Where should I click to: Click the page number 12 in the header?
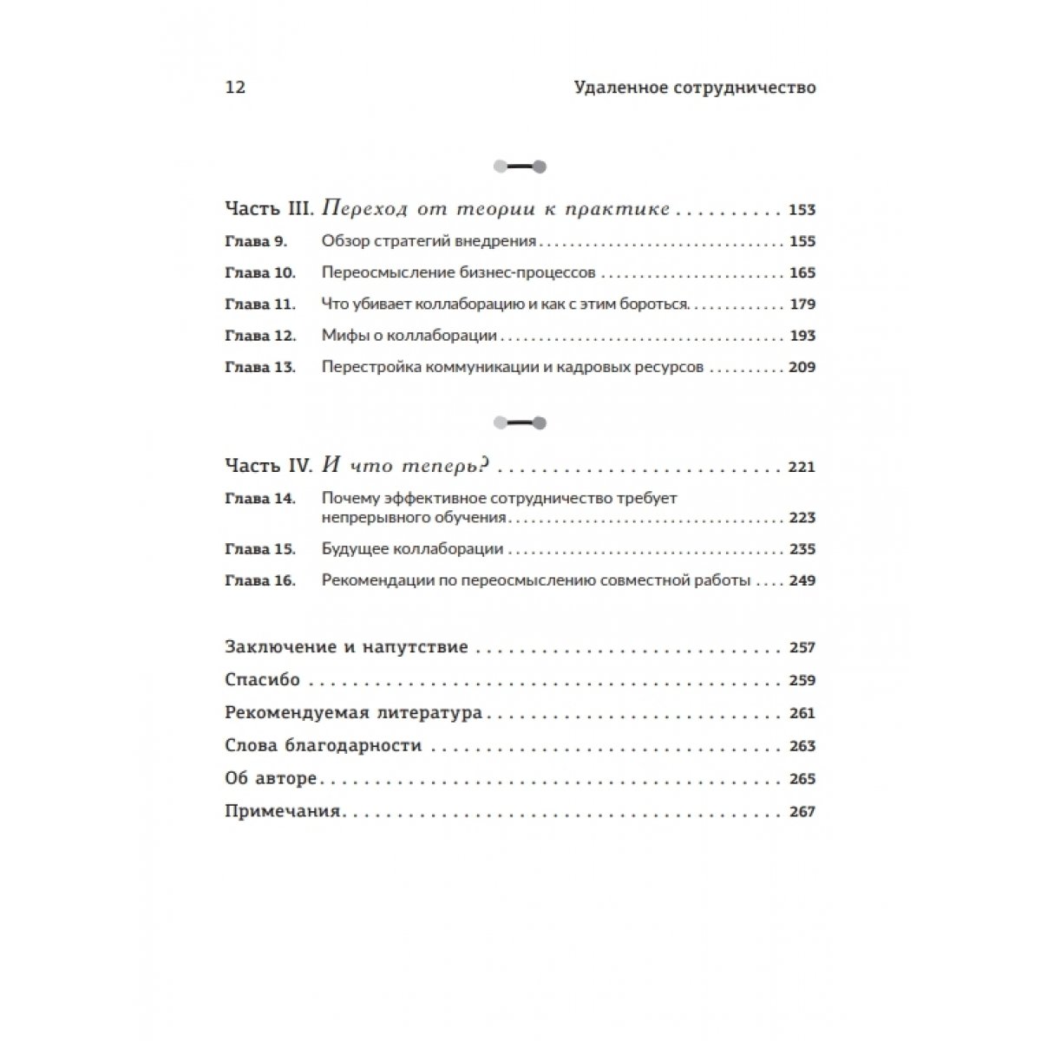click(x=235, y=88)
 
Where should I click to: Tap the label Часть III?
click(x=269, y=210)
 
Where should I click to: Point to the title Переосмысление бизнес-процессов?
click(x=458, y=273)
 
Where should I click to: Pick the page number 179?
click(x=802, y=304)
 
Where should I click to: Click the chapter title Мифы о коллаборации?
click(x=409, y=336)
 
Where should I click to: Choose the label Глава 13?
click(x=259, y=367)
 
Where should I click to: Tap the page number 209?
click(x=802, y=367)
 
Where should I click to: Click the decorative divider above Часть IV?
click(x=519, y=423)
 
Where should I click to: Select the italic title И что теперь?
click(x=407, y=467)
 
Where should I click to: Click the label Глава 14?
click(x=259, y=499)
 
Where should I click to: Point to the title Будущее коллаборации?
click(x=412, y=549)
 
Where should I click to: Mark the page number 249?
click(x=802, y=580)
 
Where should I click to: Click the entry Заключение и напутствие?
click(x=346, y=647)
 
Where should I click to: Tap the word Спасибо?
click(x=262, y=680)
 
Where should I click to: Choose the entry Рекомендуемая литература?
click(x=353, y=713)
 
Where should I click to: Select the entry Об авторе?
click(x=271, y=779)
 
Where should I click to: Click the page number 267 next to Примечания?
click(x=802, y=812)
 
